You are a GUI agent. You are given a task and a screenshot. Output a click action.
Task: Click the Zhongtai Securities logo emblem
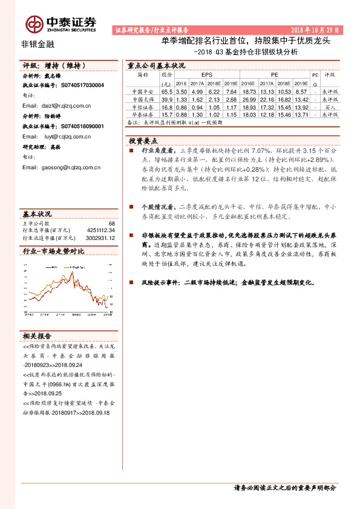(34, 24)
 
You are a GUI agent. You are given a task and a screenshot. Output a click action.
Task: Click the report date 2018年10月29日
(316, 30)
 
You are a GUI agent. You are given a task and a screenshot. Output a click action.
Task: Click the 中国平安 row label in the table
(143, 91)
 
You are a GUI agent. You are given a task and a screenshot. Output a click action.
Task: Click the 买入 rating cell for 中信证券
(330, 106)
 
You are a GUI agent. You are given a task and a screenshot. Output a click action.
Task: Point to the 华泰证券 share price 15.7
(167, 114)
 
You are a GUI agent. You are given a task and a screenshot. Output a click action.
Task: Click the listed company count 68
(111, 224)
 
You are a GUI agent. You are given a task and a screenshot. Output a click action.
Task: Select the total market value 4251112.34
(99, 230)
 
